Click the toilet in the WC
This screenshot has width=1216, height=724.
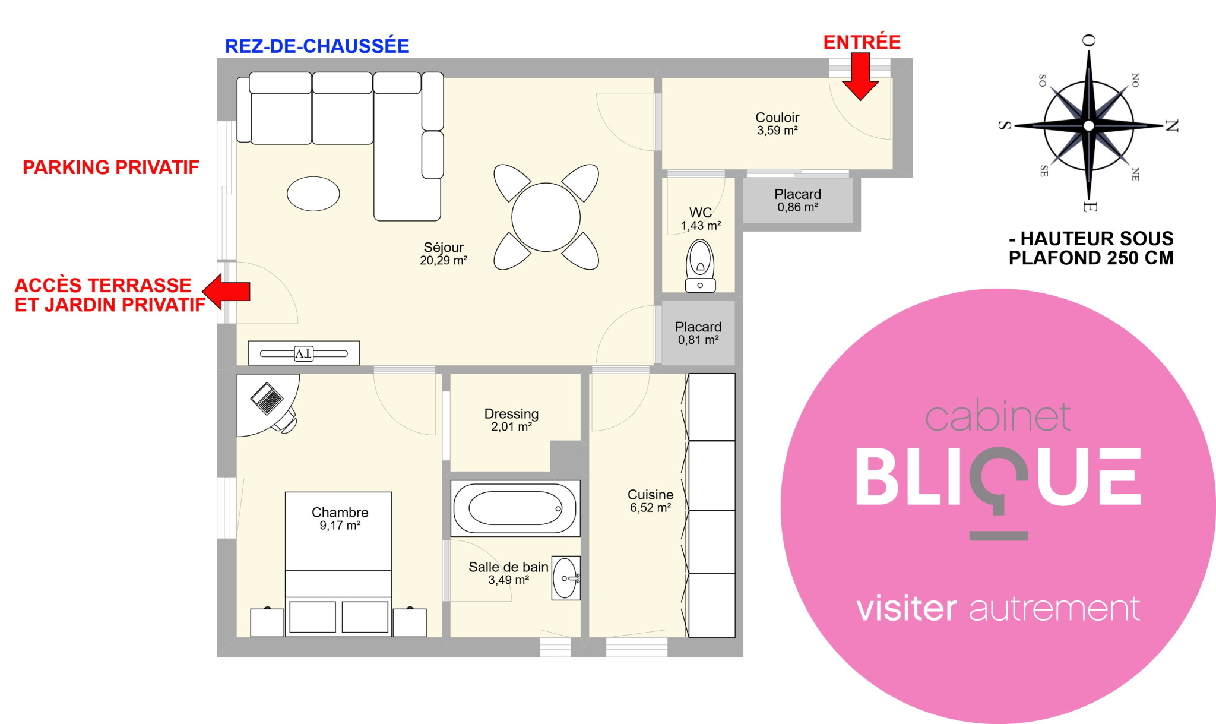pos(700,266)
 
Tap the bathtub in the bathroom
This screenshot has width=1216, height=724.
pos(515,508)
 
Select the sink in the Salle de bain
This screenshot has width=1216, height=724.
pos(566,578)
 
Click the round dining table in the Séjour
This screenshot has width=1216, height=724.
pos(546,217)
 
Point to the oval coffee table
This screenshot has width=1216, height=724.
pos(313,194)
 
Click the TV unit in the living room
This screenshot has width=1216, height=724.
pos(303,353)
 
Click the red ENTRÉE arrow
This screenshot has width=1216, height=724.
pos(860,76)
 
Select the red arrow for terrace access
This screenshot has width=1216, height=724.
pos(226,292)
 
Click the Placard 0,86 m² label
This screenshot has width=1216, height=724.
pos(798,200)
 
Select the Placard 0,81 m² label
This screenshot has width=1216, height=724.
pos(698,333)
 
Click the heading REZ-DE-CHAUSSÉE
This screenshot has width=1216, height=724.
pos(317,46)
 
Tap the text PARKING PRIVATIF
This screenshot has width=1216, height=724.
pos(111,167)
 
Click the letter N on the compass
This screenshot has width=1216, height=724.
pos(1171,126)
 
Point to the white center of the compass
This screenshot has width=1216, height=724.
pos(1088,125)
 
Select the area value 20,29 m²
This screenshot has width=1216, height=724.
pos(444,260)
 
